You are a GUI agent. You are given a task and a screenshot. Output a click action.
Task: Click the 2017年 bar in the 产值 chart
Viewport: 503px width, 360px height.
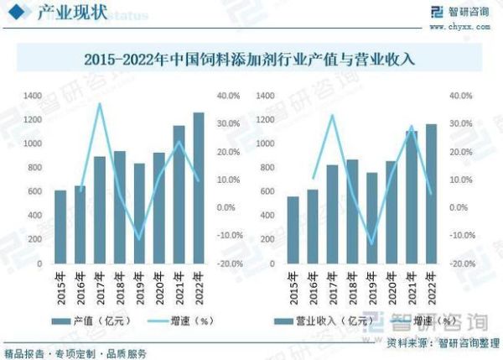click(x=100, y=210)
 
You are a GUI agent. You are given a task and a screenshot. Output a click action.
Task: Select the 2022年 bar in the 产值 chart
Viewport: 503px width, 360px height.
click(x=199, y=188)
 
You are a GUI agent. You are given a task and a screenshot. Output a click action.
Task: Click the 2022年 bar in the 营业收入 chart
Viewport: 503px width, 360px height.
click(x=431, y=194)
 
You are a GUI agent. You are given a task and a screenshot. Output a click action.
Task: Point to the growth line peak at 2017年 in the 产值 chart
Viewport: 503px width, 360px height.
click(x=100, y=104)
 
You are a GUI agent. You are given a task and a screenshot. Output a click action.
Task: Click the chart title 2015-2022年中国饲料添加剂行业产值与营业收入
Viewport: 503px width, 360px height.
click(x=251, y=60)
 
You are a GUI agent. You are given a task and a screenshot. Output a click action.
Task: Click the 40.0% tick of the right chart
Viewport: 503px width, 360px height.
click(x=459, y=97)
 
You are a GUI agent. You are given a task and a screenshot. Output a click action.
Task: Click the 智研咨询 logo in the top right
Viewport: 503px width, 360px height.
click(x=459, y=12)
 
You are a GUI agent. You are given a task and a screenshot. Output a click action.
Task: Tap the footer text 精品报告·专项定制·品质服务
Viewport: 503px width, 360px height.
click(x=75, y=352)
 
